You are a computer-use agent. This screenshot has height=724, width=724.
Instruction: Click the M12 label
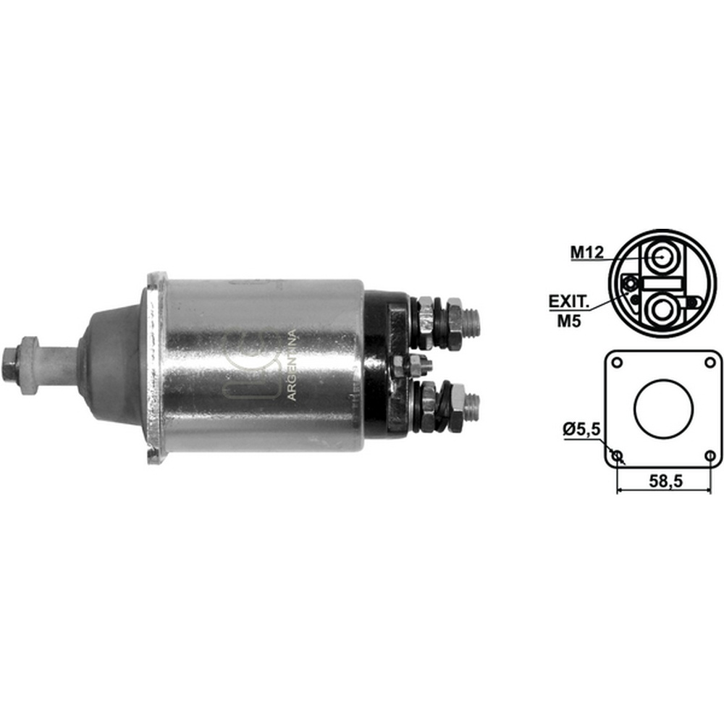(587, 252)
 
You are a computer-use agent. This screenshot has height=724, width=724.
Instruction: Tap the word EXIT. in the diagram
(569, 302)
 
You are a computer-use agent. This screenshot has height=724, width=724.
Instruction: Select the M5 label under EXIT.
(569, 321)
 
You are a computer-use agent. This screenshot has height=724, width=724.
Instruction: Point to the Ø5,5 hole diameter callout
(581, 429)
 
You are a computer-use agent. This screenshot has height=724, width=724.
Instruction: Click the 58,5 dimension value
(665, 481)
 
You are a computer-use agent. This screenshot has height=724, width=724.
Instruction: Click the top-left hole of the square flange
(618, 363)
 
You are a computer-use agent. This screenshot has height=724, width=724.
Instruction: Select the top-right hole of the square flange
(710, 363)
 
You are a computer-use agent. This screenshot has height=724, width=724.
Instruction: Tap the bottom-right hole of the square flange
(710, 455)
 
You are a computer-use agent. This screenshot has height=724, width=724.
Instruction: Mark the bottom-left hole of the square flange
(618, 455)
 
